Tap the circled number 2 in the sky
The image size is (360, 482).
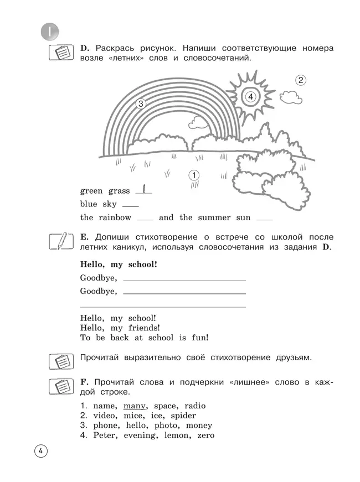pyautogui.click(x=300, y=80)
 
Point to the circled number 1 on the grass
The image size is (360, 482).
pyautogui.click(x=194, y=175)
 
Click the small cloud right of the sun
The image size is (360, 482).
pyautogui.click(x=292, y=96)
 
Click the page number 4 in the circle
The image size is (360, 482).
pyautogui.click(x=40, y=451)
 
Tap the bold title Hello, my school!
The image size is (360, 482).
pyautogui.click(x=119, y=264)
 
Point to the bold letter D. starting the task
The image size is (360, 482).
pyautogui.click(x=85, y=49)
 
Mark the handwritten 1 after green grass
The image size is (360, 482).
pyautogui.click(x=143, y=190)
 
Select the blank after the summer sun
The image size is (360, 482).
pyautogui.click(x=265, y=218)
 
